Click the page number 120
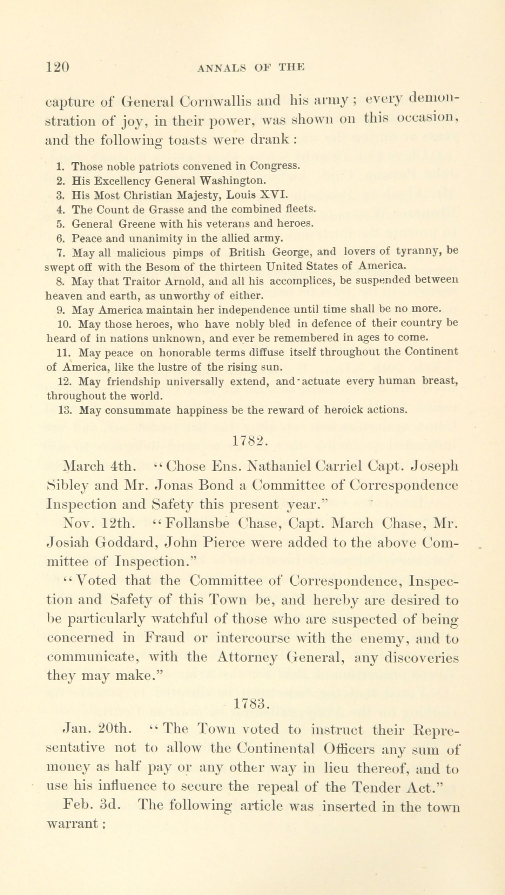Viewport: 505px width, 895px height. (x=58, y=67)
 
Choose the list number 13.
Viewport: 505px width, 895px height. (x=65, y=410)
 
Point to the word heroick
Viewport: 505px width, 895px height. (x=343, y=410)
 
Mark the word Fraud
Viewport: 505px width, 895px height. (x=165, y=638)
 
